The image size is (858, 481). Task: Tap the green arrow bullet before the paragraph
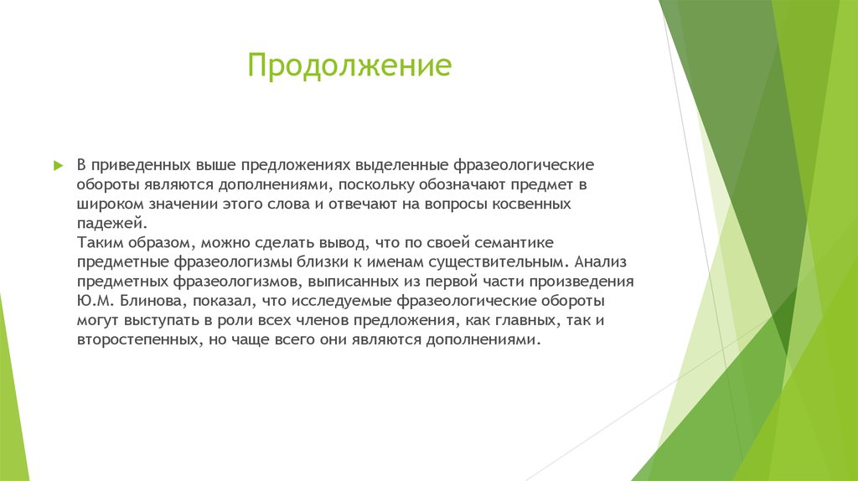[58, 164]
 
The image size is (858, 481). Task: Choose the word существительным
[484, 262]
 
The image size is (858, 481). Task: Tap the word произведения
[588, 282]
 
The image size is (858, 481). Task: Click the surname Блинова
[143, 302]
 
